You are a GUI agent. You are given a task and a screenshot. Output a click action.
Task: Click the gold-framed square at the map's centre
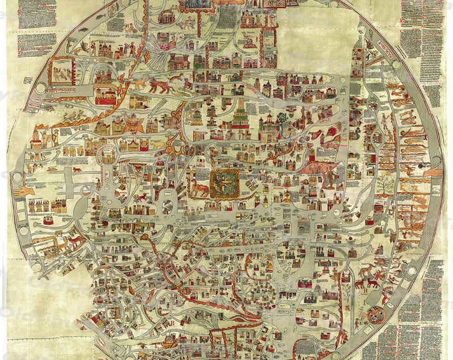(x=224, y=183)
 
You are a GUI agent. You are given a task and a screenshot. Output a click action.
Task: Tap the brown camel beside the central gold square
(x=200, y=191)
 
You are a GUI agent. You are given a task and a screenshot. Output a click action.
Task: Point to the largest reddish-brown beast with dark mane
(x=160, y=85)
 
